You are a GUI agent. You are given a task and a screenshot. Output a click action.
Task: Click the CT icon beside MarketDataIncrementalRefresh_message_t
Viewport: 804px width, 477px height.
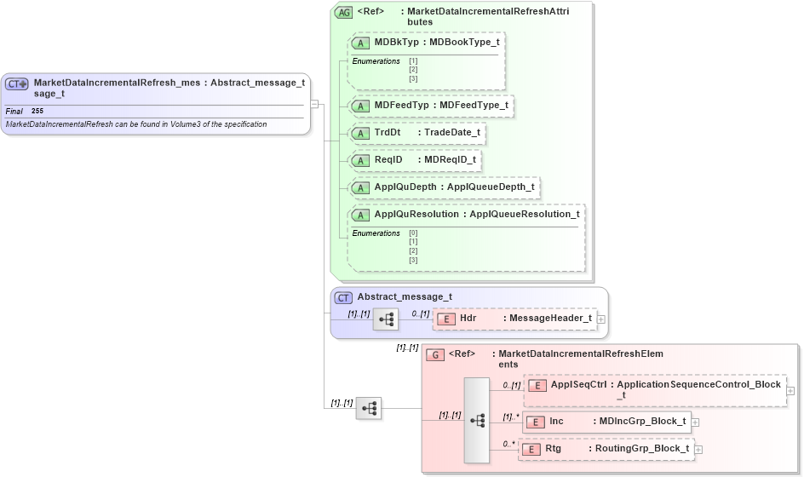pos(18,83)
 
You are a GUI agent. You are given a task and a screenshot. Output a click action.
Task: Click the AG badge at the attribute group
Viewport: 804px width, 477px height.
pos(343,12)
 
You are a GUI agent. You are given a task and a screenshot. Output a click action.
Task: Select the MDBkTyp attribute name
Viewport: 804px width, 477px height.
pos(398,42)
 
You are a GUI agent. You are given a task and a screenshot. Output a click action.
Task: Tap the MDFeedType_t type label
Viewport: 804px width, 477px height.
pos(468,105)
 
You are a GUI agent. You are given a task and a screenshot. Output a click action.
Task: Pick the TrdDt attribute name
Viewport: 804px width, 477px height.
pos(388,132)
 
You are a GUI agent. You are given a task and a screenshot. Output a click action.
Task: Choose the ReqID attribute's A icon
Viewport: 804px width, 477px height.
pos(360,160)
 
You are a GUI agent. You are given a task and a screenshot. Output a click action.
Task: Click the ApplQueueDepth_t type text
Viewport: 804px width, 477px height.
pos(490,187)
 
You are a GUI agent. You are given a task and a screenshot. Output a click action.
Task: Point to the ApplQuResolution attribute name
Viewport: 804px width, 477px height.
pos(416,214)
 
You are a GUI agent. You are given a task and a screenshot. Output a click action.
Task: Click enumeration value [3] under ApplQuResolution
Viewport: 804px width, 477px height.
pos(413,260)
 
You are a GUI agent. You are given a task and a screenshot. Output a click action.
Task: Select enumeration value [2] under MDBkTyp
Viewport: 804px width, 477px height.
pos(413,70)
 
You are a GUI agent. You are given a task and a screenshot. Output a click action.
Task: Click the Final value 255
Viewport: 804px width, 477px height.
pos(37,112)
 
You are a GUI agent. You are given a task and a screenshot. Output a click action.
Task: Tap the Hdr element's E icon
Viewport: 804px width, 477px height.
pos(445,319)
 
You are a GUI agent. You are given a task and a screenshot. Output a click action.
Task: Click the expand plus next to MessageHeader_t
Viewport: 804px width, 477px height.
pos(601,319)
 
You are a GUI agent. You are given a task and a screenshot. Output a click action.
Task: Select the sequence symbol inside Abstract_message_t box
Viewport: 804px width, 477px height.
pos(386,319)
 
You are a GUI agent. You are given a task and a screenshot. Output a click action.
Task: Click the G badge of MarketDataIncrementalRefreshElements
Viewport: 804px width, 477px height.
pos(434,354)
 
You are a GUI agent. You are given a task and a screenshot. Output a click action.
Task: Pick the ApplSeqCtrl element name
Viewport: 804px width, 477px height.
pos(578,384)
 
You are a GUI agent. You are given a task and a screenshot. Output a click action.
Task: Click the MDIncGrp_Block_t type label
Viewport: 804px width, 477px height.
pos(642,421)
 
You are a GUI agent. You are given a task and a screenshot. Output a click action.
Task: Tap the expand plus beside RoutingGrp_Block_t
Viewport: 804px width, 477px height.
pos(698,449)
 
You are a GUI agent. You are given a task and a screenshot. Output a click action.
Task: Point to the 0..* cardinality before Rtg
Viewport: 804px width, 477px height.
pos(508,444)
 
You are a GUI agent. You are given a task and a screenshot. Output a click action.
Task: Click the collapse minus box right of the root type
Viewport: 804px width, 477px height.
pos(314,104)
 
